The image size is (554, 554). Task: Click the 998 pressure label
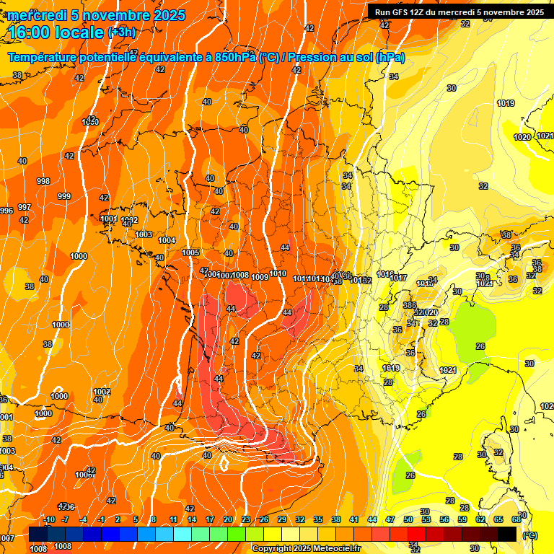click(43, 182)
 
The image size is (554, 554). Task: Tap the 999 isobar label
click(64, 196)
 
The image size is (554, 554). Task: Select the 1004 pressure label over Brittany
click(167, 240)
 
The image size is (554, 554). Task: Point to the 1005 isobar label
click(191, 252)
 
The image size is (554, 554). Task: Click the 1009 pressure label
click(260, 277)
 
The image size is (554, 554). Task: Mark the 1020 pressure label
click(522, 137)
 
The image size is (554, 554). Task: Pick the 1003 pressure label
click(144, 234)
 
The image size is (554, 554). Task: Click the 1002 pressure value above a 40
click(102, 392)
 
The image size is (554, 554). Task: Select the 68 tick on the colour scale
click(516, 519)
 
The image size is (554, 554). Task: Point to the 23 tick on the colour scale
click(245, 519)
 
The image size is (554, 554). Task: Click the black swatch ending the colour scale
click(507, 533)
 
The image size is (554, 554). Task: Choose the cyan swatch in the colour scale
click(183, 533)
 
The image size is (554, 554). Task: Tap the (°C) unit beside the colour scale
click(530, 535)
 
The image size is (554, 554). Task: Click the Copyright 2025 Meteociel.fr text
click(305, 549)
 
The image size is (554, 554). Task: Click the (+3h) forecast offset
click(120, 32)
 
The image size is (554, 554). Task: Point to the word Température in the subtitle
click(44, 58)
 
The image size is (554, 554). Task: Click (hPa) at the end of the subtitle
click(390, 58)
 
